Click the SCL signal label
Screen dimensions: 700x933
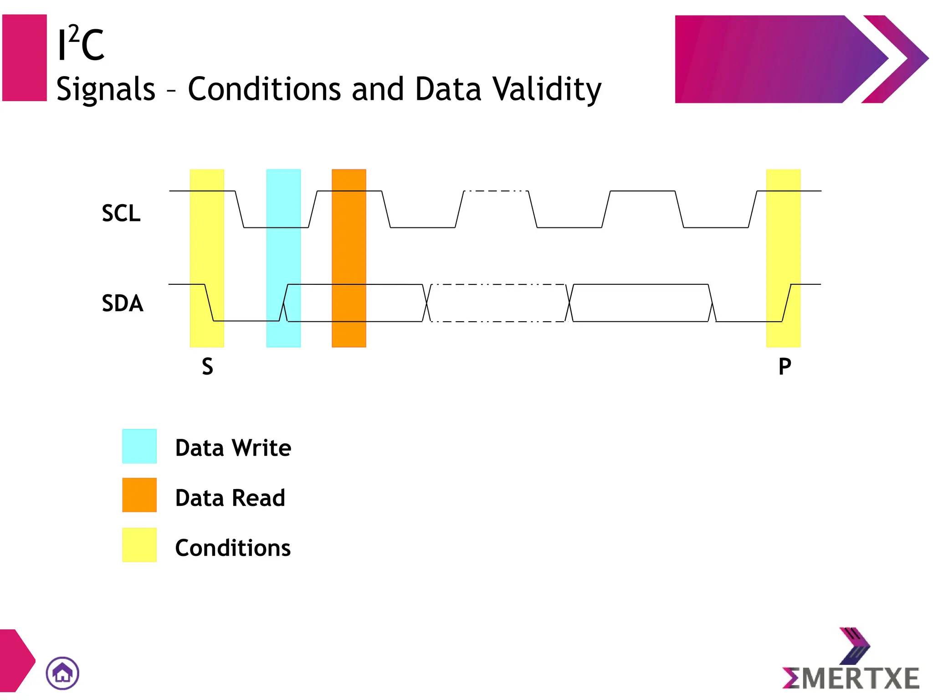pos(121,213)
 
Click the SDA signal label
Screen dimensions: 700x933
pos(123,304)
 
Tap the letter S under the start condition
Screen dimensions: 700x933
pos(207,366)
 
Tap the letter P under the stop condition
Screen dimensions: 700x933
pos(784,366)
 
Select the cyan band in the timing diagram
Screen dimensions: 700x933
pos(283,258)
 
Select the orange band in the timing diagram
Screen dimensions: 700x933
pos(349,258)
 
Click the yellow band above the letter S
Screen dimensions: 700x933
pos(207,258)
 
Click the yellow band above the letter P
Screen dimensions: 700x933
pos(783,258)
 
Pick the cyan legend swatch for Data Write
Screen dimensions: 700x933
pos(139,446)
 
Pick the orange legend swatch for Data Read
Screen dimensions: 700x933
pos(139,495)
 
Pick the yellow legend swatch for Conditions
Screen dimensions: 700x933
pos(139,545)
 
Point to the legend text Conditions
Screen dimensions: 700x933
pos(233,548)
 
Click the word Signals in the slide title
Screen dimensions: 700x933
pos(106,89)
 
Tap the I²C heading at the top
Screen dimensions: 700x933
pos(81,44)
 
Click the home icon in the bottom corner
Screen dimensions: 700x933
pos(62,673)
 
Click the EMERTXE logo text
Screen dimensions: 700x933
pos(851,678)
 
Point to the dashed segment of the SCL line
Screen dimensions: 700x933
pos(496,191)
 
